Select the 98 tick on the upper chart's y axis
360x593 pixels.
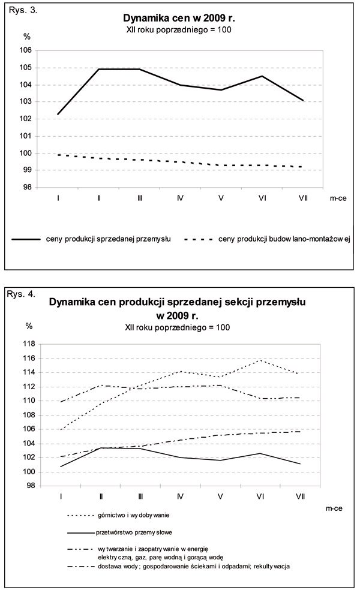(26, 187)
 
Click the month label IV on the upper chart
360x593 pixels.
(181, 197)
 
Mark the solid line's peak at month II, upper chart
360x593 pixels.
(98, 70)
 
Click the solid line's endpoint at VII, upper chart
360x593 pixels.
(304, 100)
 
